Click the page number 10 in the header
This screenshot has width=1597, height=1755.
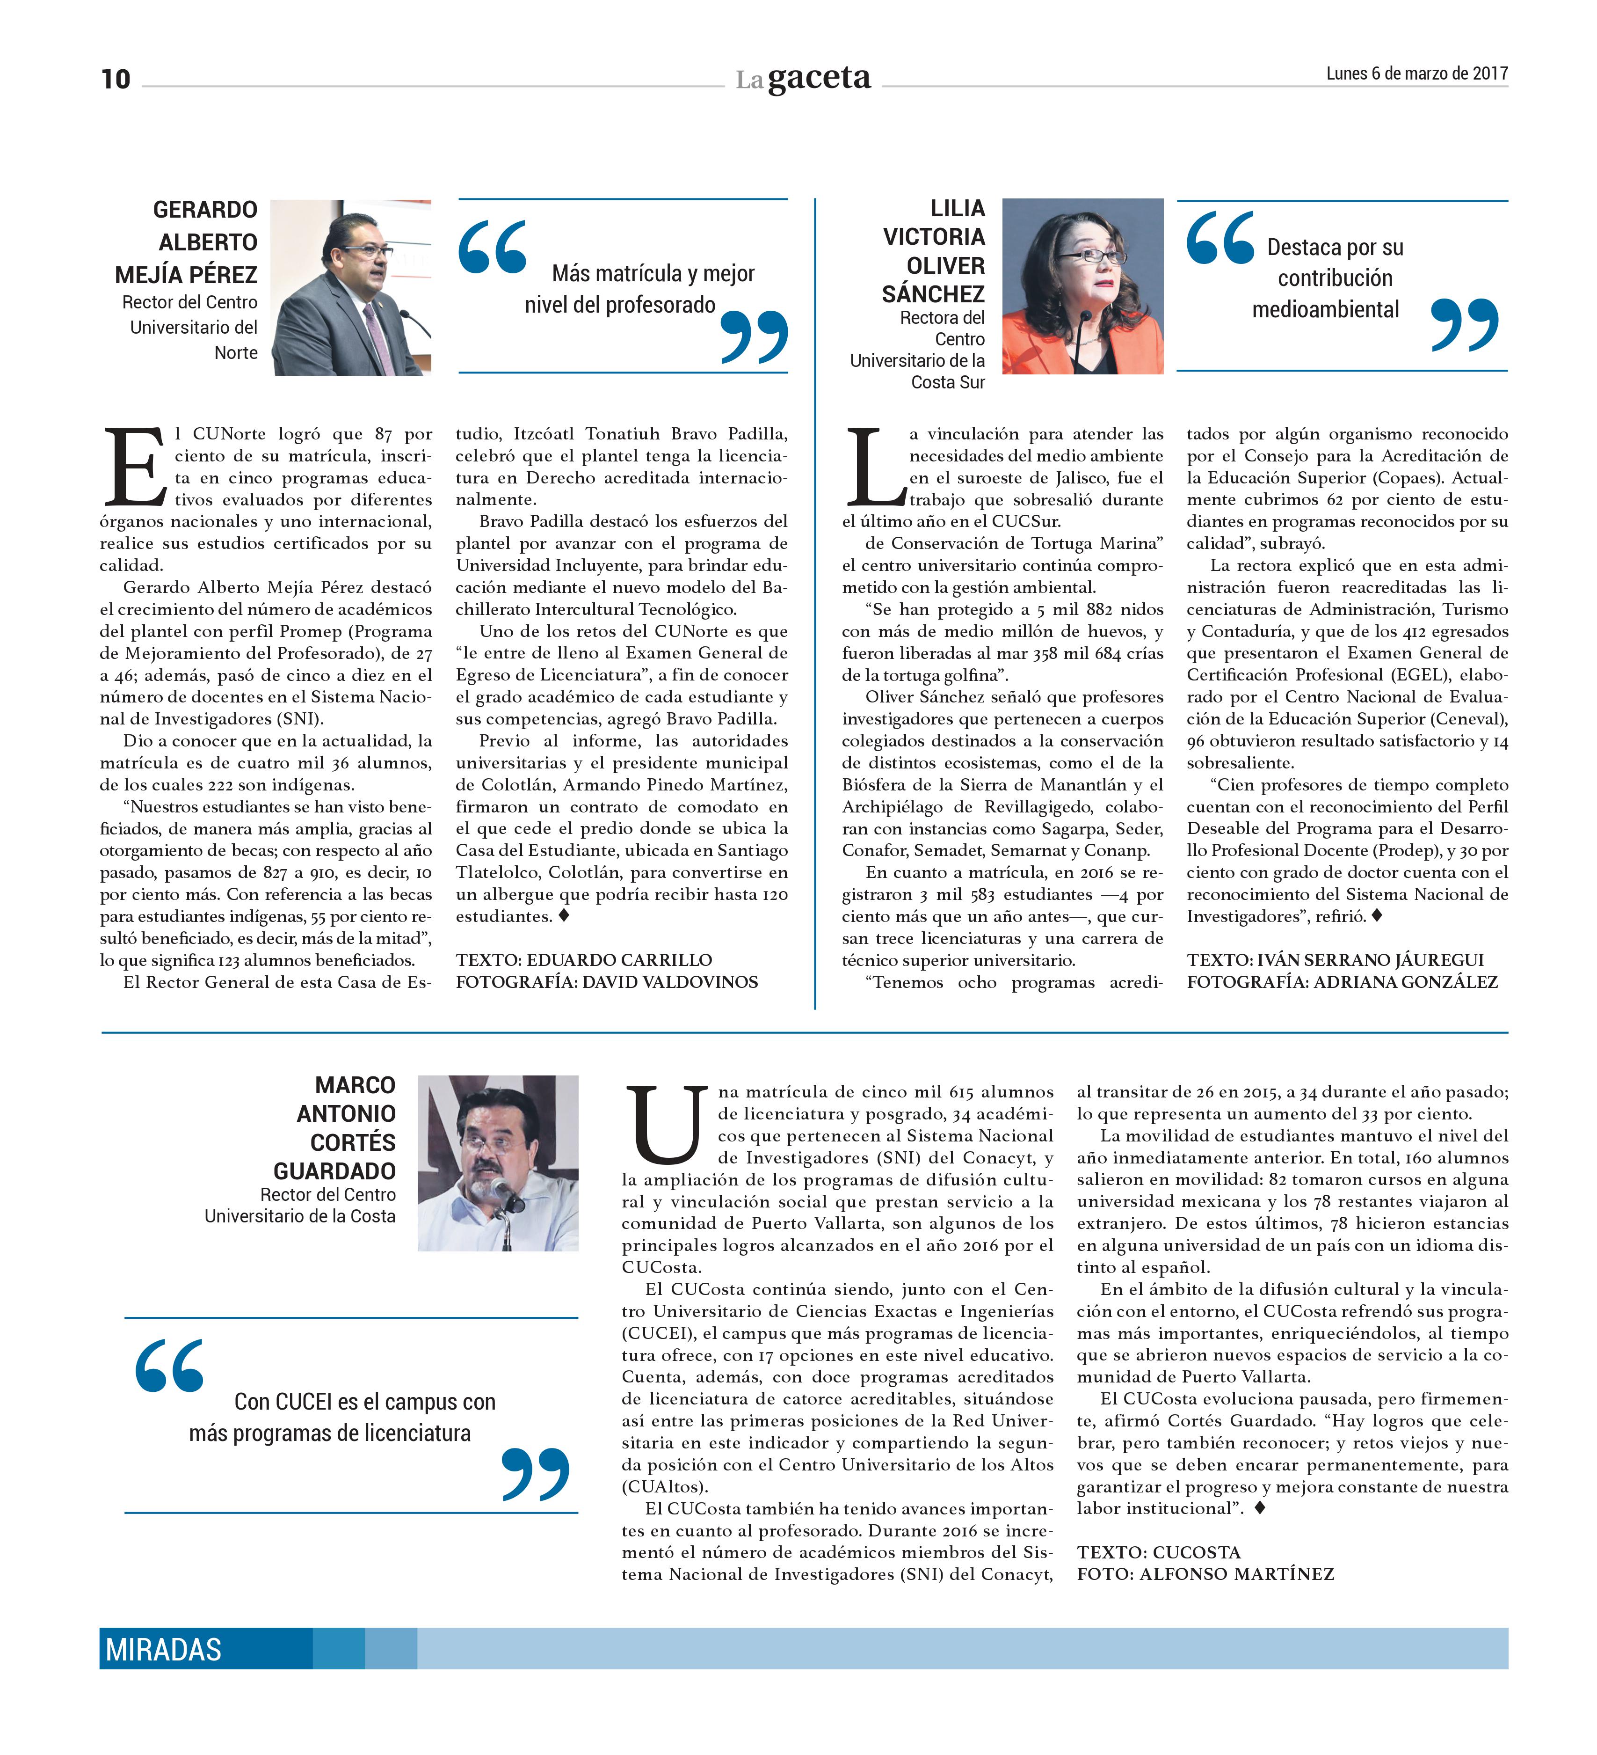(116, 79)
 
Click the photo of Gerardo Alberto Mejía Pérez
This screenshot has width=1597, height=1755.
(351, 287)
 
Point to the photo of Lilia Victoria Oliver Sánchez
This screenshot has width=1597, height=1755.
(1082, 286)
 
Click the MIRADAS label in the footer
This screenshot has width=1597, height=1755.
(164, 1649)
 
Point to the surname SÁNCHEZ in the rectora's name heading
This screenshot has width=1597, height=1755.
(933, 294)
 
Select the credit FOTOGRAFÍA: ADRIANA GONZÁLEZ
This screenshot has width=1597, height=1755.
(1342, 982)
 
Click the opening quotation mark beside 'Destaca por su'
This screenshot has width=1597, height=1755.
(1220, 238)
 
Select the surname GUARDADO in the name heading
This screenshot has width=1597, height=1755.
(334, 1171)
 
